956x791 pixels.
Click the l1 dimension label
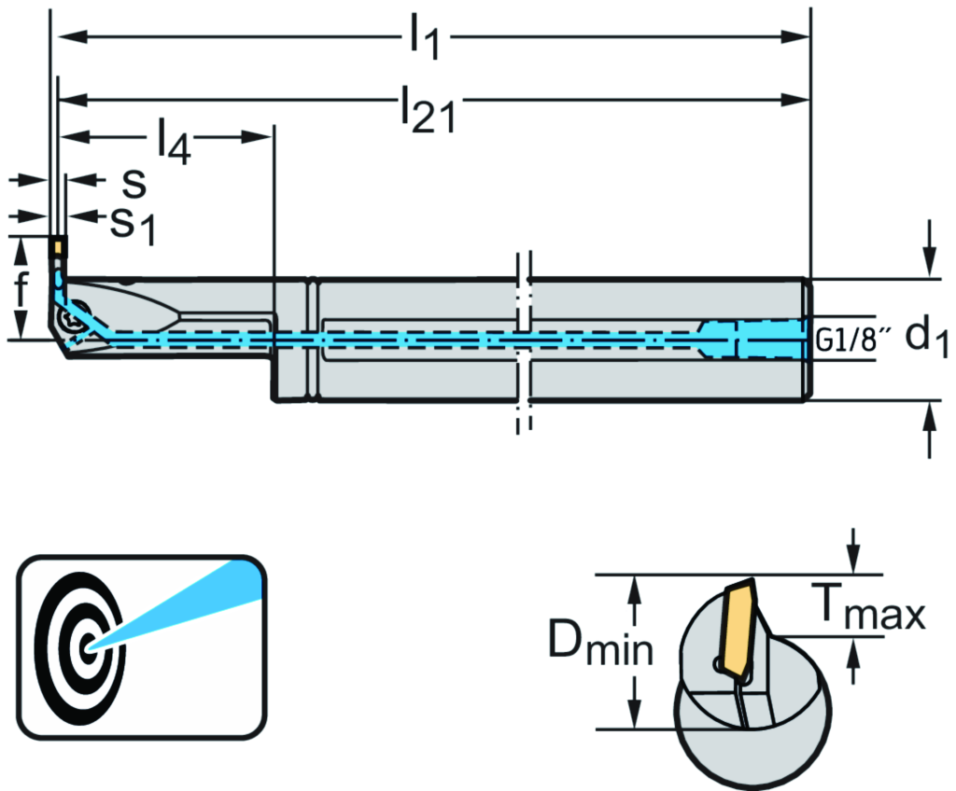(x=424, y=39)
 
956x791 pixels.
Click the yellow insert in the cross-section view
(x=738, y=630)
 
